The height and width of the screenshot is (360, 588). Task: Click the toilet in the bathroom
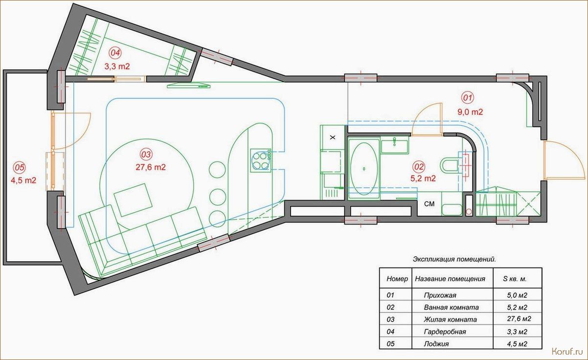pyautogui.click(x=449, y=165)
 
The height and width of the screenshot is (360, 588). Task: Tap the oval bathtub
pyautogui.click(x=364, y=169)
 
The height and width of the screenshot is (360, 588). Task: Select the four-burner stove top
pyautogui.click(x=260, y=160)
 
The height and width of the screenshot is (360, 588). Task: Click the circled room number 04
pyautogui.click(x=115, y=53)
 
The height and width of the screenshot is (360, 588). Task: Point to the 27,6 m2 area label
pyautogui.click(x=151, y=167)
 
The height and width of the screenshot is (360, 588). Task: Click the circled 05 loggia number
pyautogui.click(x=20, y=167)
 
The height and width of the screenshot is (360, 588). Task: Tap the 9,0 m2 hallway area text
pyautogui.click(x=470, y=112)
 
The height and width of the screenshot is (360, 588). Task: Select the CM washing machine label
pyautogui.click(x=429, y=203)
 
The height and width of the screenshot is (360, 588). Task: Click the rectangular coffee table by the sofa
pyautogui.click(x=133, y=200)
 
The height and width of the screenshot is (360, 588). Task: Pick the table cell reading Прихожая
pyautogui.click(x=440, y=295)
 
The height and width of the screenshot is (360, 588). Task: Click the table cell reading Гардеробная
pyautogui.click(x=445, y=332)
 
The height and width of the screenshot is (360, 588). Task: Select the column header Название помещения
pyautogui.click(x=450, y=279)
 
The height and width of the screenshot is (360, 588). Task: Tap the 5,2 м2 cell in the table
pyautogui.click(x=517, y=307)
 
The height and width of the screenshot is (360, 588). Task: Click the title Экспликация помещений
pyautogui.click(x=454, y=259)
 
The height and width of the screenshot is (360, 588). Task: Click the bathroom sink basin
pyautogui.click(x=395, y=146)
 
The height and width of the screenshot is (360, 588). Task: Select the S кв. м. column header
pyautogui.click(x=515, y=279)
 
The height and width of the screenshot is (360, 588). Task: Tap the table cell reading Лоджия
pyautogui.click(x=436, y=344)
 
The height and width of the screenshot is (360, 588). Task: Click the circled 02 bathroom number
pyautogui.click(x=419, y=167)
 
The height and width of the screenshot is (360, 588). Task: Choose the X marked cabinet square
pyautogui.click(x=333, y=137)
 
